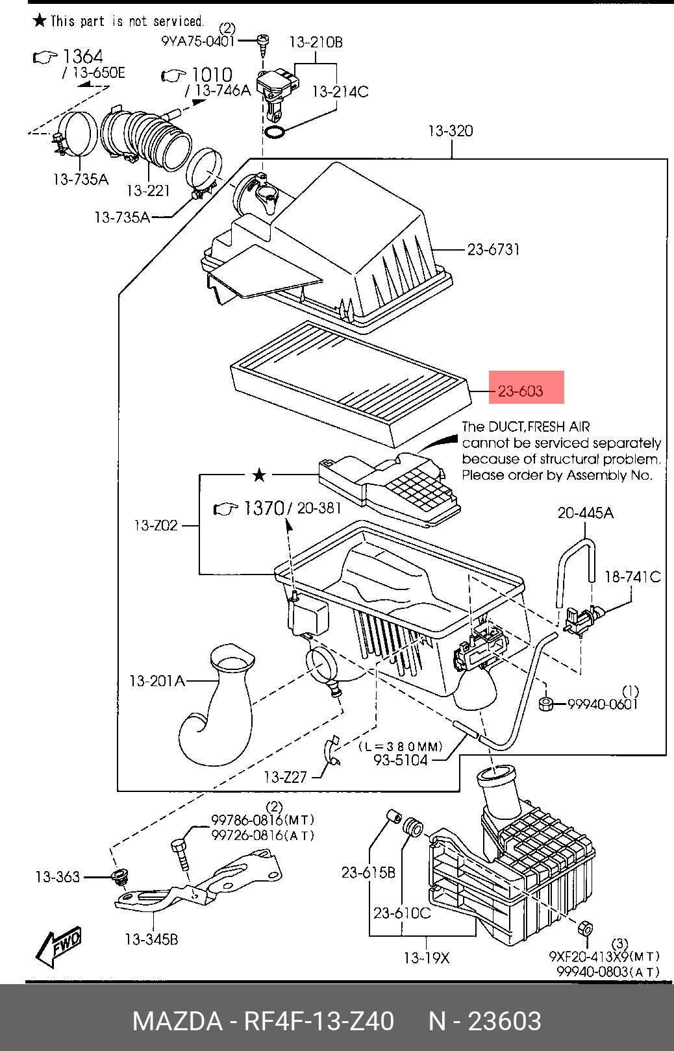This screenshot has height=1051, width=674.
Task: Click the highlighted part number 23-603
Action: (x=520, y=391)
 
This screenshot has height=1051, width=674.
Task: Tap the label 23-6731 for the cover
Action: (x=493, y=249)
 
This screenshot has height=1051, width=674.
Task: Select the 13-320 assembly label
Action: (x=450, y=130)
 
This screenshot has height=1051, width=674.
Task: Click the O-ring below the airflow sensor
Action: (x=275, y=133)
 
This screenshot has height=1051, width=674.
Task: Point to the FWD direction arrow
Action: (x=58, y=945)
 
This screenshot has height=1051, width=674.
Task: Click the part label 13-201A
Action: (x=157, y=681)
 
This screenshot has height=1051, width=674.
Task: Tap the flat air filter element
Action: (x=351, y=383)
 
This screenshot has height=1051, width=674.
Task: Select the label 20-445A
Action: (x=585, y=513)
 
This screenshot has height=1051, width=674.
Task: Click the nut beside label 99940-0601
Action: (x=546, y=703)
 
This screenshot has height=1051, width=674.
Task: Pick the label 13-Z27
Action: (x=285, y=777)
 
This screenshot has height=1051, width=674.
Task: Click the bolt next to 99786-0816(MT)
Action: (x=181, y=853)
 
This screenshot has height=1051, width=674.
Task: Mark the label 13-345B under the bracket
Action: (x=151, y=939)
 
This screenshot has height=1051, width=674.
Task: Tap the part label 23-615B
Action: (x=368, y=872)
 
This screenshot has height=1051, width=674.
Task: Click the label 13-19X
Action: (x=426, y=958)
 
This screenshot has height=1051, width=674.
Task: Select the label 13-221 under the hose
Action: (x=148, y=191)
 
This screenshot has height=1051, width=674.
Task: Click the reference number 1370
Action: (x=264, y=508)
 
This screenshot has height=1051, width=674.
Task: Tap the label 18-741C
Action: (x=632, y=576)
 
